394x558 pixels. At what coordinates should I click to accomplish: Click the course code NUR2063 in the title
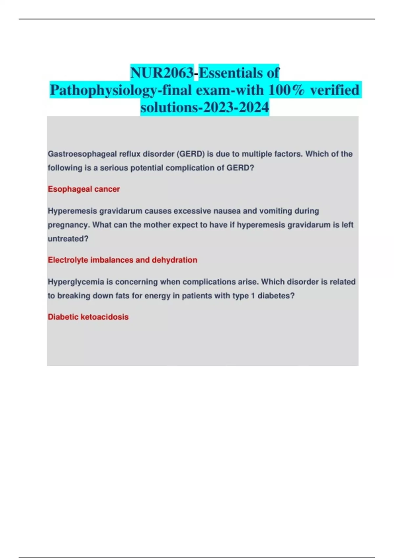pos(162,73)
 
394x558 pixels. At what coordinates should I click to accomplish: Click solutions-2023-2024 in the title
pos(205,107)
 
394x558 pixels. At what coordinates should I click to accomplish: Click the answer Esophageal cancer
pos(84,189)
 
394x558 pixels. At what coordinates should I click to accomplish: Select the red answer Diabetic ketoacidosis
pos(88,317)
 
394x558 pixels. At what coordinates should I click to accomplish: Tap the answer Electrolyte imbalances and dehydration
pos(122,260)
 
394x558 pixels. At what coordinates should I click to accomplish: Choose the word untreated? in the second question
pos(68,239)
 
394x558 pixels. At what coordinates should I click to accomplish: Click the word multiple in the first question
pos(256,154)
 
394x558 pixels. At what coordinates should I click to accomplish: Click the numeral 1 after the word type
pos(253,296)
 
